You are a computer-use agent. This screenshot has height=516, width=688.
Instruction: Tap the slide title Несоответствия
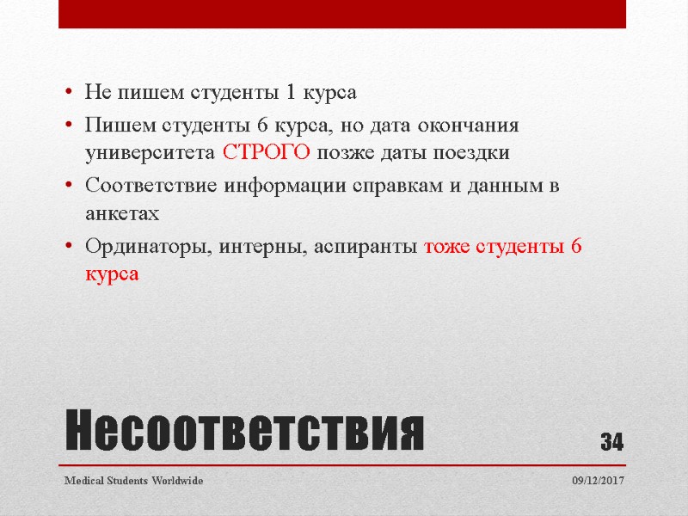(245, 433)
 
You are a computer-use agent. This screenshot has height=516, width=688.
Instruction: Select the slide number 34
(611, 443)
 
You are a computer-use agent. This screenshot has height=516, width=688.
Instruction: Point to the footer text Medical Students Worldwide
(134, 481)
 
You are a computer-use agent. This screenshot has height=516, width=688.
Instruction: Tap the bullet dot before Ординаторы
(67, 248)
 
